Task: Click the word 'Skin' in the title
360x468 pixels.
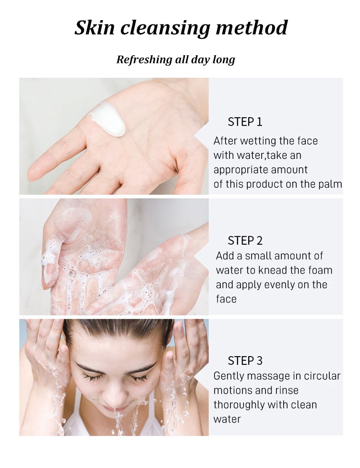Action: pos(95,28)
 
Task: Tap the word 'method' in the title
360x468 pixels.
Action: pos(252,28)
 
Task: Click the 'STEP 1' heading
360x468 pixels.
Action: pos(245,122)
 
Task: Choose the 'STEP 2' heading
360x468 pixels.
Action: pos(245,240)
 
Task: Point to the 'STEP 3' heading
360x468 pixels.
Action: pos(245,360)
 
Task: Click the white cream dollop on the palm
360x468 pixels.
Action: pos(108,119)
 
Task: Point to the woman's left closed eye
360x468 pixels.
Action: pos(140,378)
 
